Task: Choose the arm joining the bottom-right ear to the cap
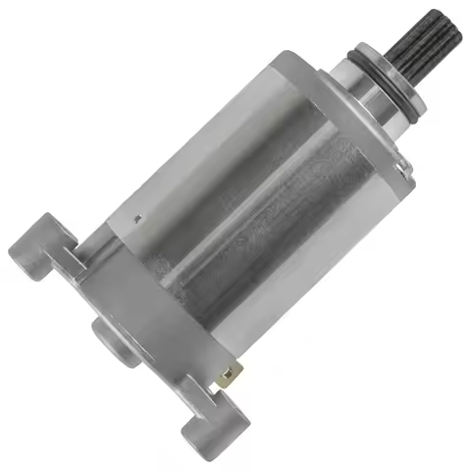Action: coord(186,392)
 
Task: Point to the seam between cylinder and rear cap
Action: coord(167,275)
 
